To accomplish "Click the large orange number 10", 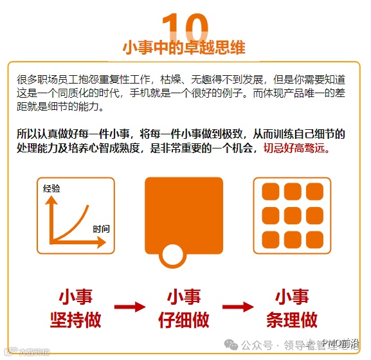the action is (185, 27).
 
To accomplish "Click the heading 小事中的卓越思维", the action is (184, 48).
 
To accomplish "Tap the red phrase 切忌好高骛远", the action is (296, 148).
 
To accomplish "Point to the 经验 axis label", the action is (51, 188).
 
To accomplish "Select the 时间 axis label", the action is (101, 229).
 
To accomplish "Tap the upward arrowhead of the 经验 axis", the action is (51, 201).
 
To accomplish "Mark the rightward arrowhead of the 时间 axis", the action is (102, 242).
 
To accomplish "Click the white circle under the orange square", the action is (172, 255).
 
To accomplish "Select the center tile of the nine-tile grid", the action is (293, 215).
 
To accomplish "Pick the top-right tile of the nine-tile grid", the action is (314, 192).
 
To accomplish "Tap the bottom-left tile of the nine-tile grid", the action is (271, 240).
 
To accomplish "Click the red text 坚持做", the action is (76, 319).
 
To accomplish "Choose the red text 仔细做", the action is (184, 319).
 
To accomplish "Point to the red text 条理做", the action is (292, 319).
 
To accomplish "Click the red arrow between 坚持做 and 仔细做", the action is (130, 307).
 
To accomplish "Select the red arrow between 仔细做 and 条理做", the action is (238, 307).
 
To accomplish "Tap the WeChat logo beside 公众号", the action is (231, 345).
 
